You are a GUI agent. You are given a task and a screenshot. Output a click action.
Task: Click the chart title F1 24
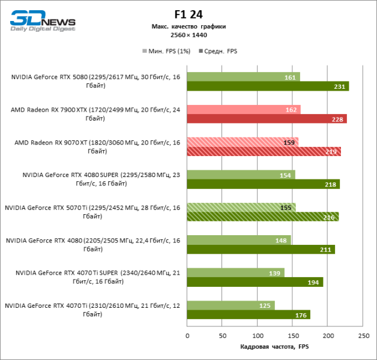coord(188,14)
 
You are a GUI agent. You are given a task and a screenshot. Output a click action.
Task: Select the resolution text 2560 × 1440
coord(188,35)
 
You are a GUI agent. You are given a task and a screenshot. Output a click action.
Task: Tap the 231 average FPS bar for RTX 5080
coord(267,86)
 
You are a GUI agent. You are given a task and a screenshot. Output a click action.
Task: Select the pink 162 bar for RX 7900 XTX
coord(243,110)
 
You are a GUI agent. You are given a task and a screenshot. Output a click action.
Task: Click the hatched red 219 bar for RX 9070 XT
coord(264,152)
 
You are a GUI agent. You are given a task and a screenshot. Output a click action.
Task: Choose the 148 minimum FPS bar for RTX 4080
coord(239,241)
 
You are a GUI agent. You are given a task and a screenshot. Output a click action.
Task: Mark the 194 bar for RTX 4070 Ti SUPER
coord(255,282)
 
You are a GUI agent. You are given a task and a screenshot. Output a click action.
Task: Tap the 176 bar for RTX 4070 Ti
coord(249,315)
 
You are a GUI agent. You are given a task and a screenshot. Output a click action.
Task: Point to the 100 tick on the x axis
coord(258,336)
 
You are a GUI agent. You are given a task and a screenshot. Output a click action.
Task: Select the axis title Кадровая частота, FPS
coord(273,346)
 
